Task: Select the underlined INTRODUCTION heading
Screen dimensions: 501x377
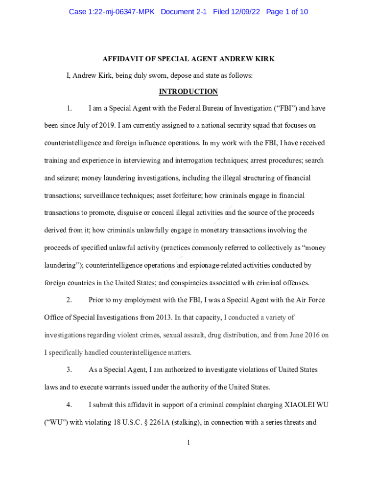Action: click(x=188, y=91)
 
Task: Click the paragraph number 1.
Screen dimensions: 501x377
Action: click(x=70, y=108)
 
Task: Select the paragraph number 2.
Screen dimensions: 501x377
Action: click(x=70, y=300)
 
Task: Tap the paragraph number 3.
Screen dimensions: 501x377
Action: click(x=70, y=369)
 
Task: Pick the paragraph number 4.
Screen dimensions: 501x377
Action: click(x=70, y=405)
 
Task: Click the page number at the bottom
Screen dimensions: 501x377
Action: click(x=188, y=443)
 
